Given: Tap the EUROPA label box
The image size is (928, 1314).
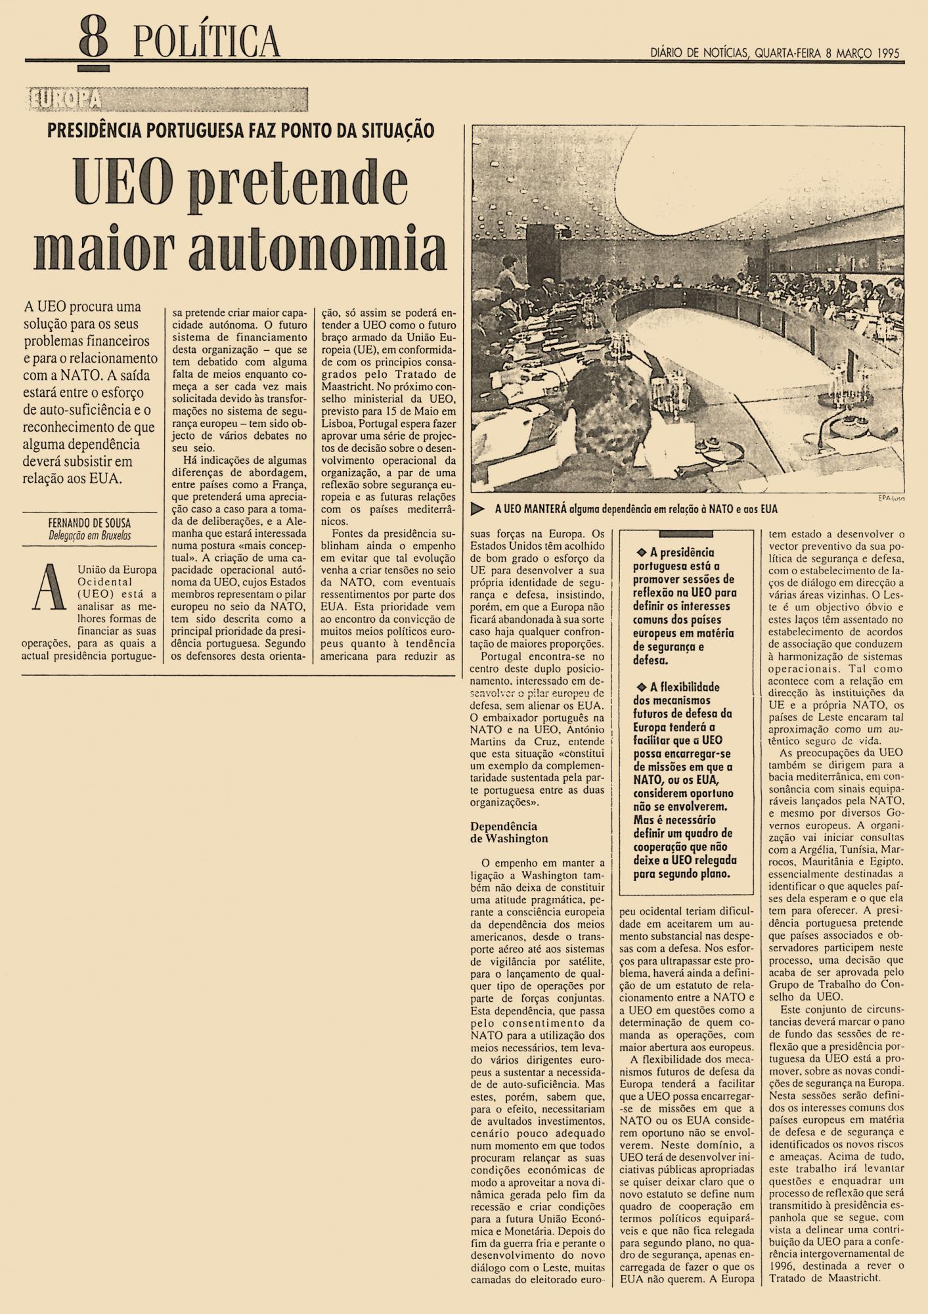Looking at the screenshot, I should tap(66, 99).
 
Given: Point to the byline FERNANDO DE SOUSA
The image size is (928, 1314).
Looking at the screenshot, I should tap(89, 524).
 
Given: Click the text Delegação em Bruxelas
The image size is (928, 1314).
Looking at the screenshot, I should tap(89, 535).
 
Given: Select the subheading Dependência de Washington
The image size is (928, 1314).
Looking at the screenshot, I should tap(509, 832).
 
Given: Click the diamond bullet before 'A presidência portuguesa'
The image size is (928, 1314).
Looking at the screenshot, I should tap(642, 552).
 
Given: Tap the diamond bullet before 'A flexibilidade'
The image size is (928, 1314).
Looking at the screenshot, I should tap(642, 687).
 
